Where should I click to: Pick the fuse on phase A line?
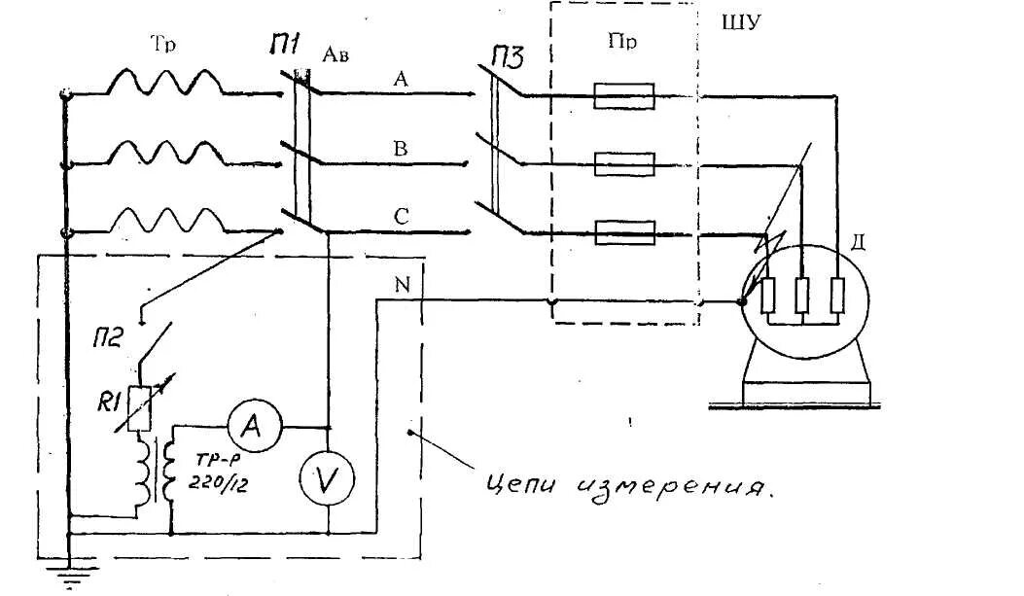tap(623, 96)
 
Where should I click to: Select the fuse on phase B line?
tap(623, 162)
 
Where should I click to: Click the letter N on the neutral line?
tap(403, 285)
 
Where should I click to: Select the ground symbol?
tap(69, 579)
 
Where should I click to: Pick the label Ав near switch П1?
tap(335, 55)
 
